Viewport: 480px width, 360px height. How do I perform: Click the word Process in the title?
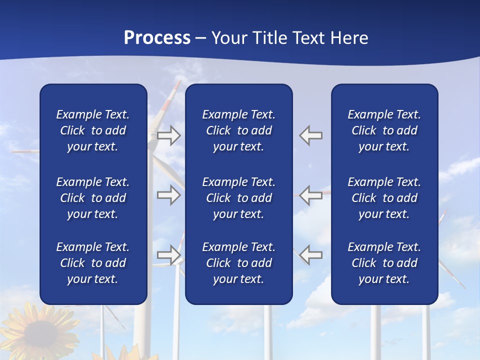(157, 38)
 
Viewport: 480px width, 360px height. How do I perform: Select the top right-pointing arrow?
(168, 135)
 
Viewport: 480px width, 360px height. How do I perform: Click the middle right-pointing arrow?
(168, 195)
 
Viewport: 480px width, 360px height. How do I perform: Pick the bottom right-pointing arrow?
(168, 254)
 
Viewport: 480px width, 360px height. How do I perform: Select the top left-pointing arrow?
(311, 135)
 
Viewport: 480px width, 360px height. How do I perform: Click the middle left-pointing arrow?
(311, 195)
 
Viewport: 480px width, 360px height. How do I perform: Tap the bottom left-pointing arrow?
(311, 254)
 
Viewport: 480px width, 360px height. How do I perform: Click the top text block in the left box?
(93, 130)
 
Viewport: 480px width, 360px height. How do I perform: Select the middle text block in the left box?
(93, 198)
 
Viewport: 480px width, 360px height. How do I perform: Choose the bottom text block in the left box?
(93, 263)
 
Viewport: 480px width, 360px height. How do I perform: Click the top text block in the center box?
(238, 130)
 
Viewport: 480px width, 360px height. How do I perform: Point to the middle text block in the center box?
(238, 198)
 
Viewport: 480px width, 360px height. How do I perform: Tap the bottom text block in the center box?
(238, 263)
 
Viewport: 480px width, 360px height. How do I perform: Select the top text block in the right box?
(384, 130)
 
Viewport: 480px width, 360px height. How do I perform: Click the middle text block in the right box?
(384, 198)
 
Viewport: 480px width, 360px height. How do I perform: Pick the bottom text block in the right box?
(384, 263)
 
